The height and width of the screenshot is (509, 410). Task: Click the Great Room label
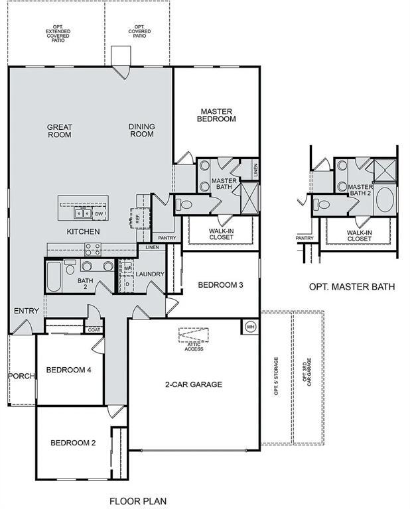[x=59, y=131]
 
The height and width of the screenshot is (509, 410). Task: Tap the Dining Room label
[x=141, y=131]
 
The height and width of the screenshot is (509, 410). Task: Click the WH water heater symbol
[x=250, y=327]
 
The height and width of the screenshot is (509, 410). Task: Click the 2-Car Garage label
[x=193, y=384]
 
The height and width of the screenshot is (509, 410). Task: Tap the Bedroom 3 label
[x=221, y=285]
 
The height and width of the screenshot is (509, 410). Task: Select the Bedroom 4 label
[x=68, y=370]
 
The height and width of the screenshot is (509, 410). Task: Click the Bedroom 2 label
[x=74, y=443]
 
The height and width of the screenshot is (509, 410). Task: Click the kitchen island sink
[x=82, y=213]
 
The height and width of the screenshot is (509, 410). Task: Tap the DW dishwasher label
[x=98, y=214]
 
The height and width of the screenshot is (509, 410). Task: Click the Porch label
[x=21, y=376]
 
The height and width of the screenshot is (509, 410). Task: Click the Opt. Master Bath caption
[x=352, y=287]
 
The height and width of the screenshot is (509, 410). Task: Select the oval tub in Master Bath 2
[x=384, y=201]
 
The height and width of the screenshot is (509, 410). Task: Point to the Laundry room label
[x=150, y=274]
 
